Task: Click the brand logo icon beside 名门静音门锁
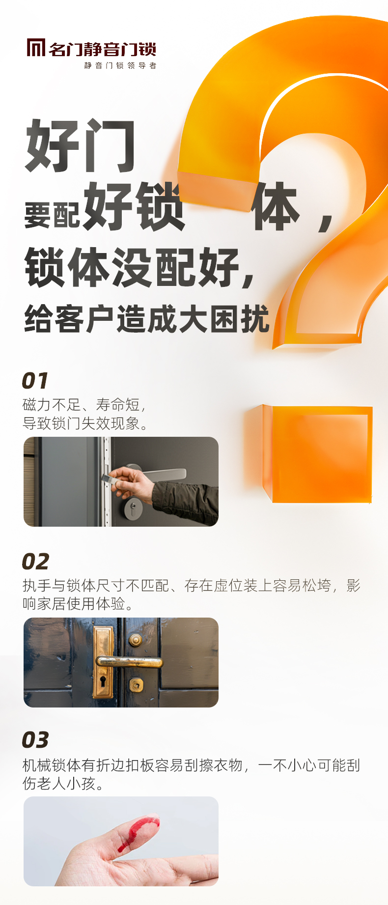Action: tap(36, 48)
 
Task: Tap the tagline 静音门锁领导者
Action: tap(120, 65)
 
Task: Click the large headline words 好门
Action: tap(80, 146)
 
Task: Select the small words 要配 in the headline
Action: tap(52, 215)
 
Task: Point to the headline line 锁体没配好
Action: tap(140, 268)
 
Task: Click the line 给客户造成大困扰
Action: tap(147, 319)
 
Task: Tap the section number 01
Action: tap(35, 381)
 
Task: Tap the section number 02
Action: tap(35, 562)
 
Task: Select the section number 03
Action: tap(35, 740)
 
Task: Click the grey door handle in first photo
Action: tap(157, 473)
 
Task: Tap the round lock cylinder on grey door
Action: tap(133, 509)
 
